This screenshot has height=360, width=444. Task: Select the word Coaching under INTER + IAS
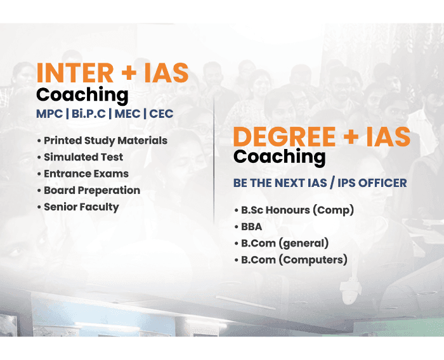coord(82,95)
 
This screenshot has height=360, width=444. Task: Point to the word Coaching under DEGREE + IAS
coord(280,157)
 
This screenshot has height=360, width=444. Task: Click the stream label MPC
coord(49,115)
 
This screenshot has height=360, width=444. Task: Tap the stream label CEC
coord(161,115)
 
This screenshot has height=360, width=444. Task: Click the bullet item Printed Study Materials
coord(105,141)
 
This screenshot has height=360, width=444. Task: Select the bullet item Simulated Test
coord(83,157)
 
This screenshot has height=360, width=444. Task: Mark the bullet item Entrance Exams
coord(86,174)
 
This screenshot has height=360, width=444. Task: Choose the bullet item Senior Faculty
coord(81,207)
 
